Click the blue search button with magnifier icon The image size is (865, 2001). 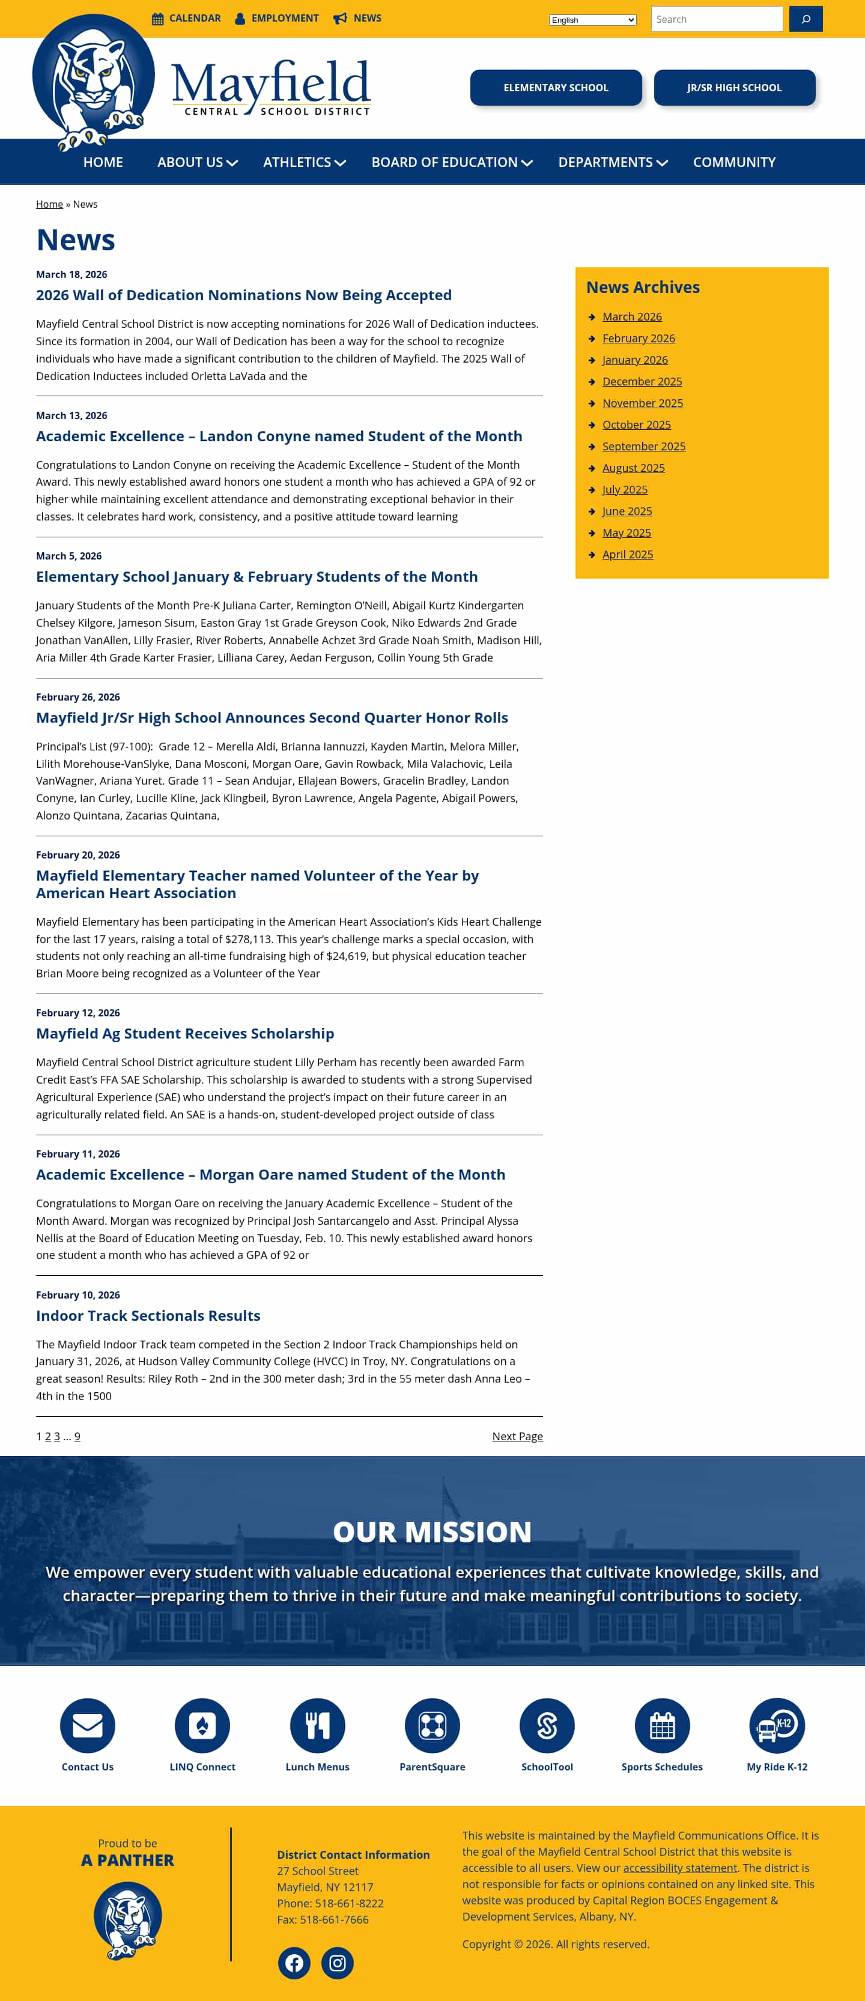tap(805, 19)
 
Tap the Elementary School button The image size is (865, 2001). tap(556, 88)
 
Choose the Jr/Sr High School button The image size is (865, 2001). tap(733, 88)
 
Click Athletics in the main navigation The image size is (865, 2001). tap(304, 162)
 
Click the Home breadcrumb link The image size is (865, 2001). tap(49, 204)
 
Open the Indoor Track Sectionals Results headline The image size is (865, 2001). tap(148, 1315)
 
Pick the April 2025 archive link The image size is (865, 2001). tap(627, 555)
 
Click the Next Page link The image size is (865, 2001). tap(517, 1436)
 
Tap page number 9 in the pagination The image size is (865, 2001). tap(77, 1436)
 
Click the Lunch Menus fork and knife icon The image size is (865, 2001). tap(317, 1725)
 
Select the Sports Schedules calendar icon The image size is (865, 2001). tap(661, 1725)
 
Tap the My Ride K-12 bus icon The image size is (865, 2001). tap(777, 1725)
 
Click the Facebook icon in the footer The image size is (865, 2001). tap(294, 1963)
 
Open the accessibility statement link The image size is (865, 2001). tap(679, 1867)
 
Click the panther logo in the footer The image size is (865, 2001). tap(127, 1919)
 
